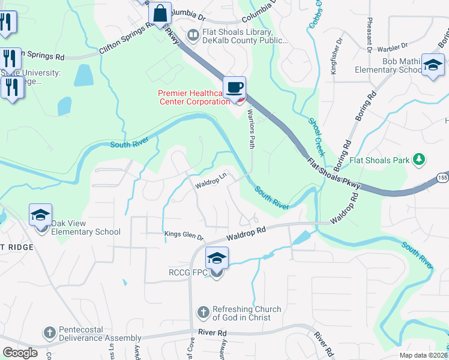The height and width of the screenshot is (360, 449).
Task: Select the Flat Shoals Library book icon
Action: coord(193,35)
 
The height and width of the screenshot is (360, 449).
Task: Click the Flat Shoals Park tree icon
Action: coord(419,160)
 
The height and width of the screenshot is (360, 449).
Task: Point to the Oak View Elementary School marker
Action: coord(40,215)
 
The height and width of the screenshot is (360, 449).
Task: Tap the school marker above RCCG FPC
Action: coord(217,259)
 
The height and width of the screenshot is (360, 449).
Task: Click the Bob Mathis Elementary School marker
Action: coord(432,65)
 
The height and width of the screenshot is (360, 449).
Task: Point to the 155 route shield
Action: coord(442,178)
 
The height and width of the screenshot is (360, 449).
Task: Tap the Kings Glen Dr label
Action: coord(184,234)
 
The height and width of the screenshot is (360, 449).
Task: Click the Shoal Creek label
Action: coord(317,137)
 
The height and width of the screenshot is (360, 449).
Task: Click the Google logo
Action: coord(20,353)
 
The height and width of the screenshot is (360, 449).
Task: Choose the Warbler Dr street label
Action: coord(393,46)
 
